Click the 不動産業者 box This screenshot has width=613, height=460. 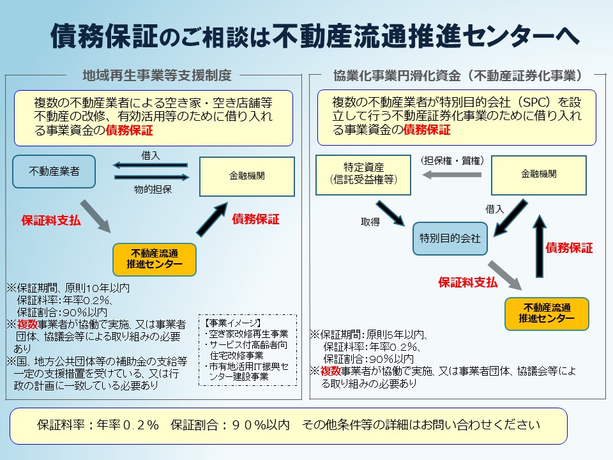click(x=54, y=171)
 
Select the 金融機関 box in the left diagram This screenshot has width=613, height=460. click(x=247, y=176)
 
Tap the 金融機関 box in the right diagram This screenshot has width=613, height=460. click(x=538, y=174)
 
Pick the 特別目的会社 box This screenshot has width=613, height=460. click(x=450, y=238)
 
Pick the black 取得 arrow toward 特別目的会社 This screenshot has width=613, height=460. click(x=389, y=212)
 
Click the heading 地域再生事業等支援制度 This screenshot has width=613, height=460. click(x=156, y=75)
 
